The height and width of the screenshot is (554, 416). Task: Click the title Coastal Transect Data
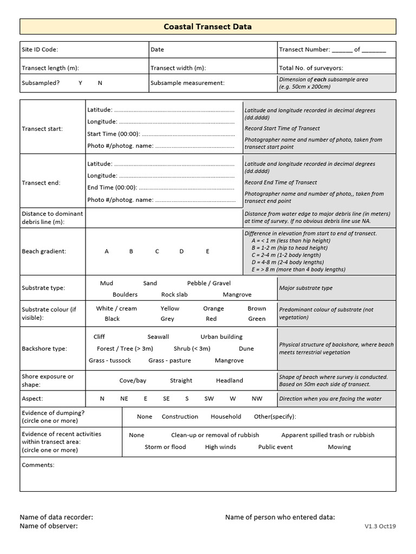coord(207,27)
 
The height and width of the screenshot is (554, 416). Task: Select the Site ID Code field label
coord(40,50)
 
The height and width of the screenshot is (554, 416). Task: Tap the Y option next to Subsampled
coord(80,83)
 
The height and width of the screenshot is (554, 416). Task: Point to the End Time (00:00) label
coord(112,188)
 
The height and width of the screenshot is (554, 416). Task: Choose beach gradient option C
coord(157,252)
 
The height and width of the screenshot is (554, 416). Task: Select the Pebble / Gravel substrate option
coord(209,283)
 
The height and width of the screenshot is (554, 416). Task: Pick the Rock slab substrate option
coord(174,295)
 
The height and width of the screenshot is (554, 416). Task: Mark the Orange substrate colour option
coord(213,309)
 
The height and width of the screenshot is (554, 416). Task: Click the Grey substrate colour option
coord(167,319)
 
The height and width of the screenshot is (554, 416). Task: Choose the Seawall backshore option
coord(158,337)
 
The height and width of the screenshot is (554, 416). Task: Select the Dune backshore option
coord(246,349)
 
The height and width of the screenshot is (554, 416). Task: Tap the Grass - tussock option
coord(110,361)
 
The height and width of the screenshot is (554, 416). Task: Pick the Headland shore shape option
coord(230,381)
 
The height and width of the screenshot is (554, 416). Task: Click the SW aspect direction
coord(209,399)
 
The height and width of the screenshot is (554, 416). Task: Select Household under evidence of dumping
coord(226,417)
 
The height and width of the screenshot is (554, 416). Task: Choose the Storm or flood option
coord(165,447)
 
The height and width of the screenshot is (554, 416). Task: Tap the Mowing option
coord(339,447)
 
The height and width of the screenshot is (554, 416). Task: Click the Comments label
coord(38,465)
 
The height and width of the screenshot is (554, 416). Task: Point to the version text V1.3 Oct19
coord(380,526)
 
